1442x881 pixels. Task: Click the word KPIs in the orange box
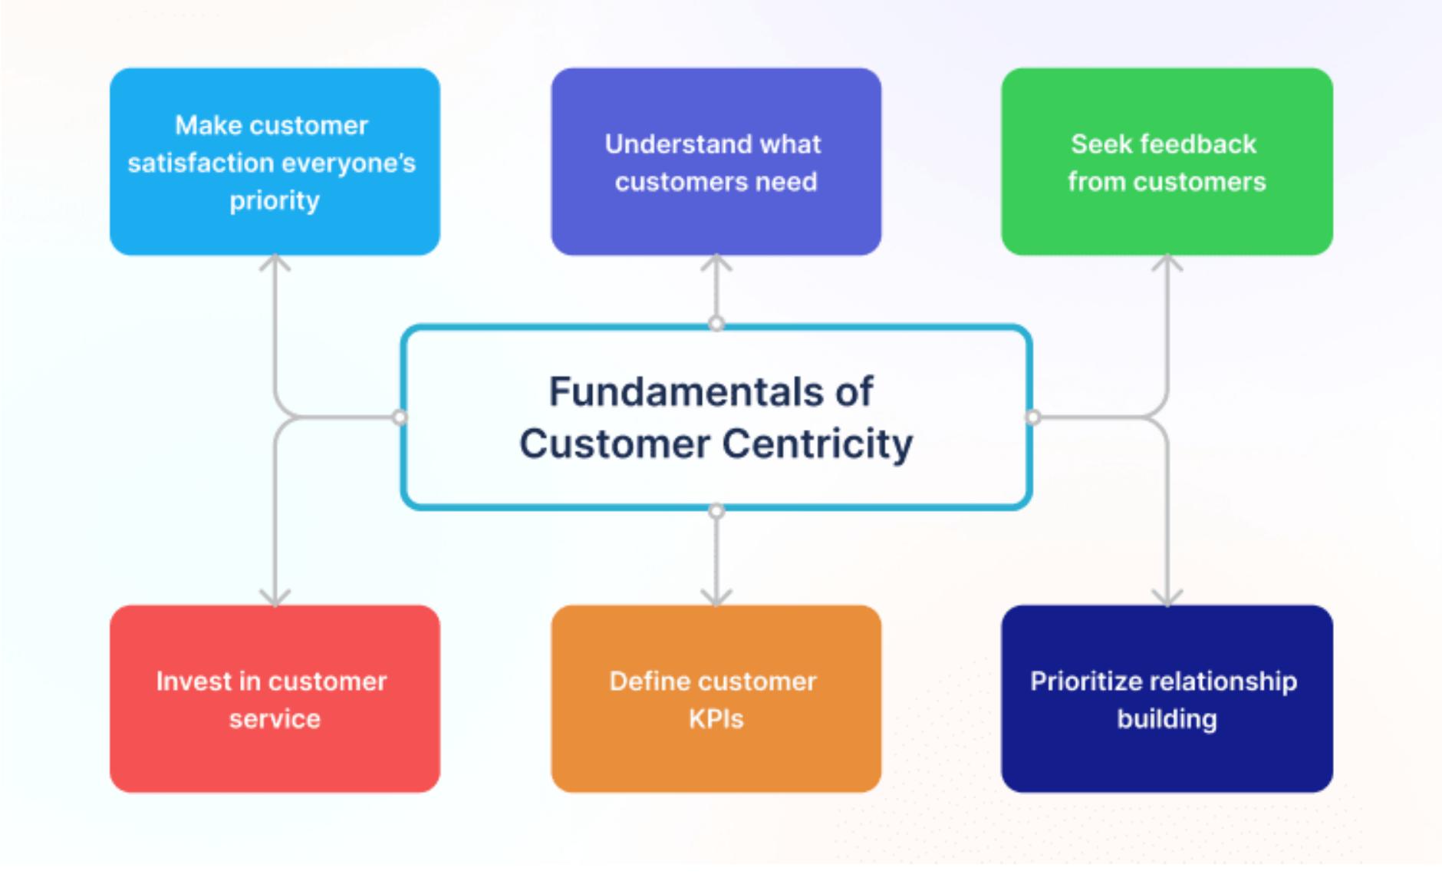[716, 719]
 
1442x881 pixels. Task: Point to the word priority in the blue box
[275, 201]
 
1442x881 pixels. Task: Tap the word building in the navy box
[1166, 719]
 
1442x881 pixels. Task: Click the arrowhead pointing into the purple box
[716, 263]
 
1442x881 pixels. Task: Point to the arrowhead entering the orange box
[716, 597]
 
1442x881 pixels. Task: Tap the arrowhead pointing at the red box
[275, 597]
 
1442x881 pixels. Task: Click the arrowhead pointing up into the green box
[1167, 263]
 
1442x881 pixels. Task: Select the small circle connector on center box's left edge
[400, 417]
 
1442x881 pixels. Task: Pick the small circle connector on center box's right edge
[1033, 417]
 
